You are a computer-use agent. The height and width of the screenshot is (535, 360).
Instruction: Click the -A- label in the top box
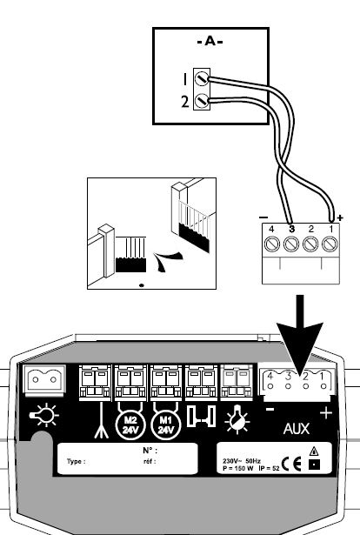click(210, 42)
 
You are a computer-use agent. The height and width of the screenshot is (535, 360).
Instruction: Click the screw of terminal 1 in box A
click(202, 79)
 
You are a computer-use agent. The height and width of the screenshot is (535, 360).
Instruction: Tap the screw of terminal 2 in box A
click(202, 101)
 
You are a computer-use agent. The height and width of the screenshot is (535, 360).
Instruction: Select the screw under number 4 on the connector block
click(271, 244)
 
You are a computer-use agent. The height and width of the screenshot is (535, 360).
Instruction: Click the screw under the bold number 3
click(290, 244)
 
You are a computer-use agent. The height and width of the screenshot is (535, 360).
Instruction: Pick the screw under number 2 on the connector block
click(310, 244)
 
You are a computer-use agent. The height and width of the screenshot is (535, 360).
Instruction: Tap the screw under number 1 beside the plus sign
click(330, 244)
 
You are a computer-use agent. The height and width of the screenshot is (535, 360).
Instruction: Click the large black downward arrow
click(300, 338)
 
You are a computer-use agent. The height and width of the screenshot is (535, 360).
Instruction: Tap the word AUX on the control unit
click(297, 429)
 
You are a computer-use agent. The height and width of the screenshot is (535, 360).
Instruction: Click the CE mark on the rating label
click(292, 464)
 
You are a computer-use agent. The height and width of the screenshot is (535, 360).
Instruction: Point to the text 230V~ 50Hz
click(242, 461)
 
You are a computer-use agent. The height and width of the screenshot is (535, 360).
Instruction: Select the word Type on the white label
click(76, 461)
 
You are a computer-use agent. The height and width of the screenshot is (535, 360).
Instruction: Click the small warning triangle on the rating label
click(314, 451)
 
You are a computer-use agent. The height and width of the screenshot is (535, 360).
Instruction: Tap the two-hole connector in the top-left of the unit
click(44, 379)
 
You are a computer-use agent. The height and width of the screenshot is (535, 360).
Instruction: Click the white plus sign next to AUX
click(326, 413)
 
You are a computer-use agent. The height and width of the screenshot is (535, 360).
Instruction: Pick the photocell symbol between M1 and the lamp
click(202, 417)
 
